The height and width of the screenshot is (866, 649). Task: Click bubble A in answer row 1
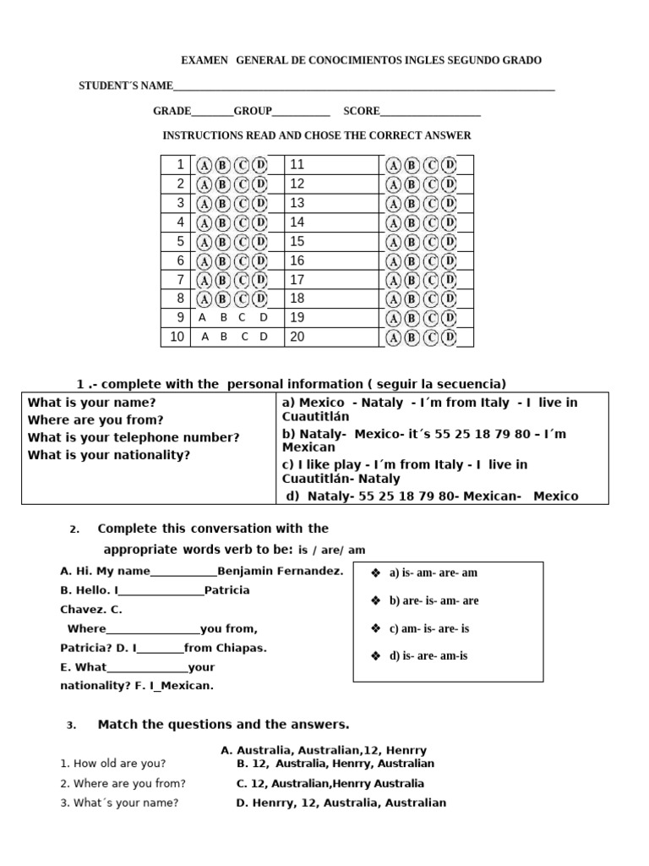click(205, 165)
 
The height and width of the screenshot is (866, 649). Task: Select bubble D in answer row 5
click(260, 243)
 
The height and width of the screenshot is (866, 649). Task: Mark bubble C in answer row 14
click(431, 223)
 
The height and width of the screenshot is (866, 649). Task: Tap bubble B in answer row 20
click(412, 338)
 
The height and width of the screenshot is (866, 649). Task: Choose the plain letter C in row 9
click(242, 318)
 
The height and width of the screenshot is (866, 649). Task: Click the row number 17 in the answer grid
click(297, 280)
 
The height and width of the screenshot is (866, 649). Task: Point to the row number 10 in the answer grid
click(177, 337)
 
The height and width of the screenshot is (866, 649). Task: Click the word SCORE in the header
click(361, 111)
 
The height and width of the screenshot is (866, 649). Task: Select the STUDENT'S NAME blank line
click(363, 87)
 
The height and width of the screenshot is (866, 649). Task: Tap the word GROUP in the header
click(253, 111)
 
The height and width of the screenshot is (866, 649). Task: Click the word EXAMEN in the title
click(205, 61)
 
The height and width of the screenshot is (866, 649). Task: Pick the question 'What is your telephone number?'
click(134, 437)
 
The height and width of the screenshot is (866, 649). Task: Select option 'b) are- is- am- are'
click(434, 600)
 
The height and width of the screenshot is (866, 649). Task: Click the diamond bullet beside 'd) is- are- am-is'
click(376, 656)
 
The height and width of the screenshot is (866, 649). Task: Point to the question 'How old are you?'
click(113, 763)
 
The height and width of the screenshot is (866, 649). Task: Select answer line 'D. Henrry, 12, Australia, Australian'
click(341, 803)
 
